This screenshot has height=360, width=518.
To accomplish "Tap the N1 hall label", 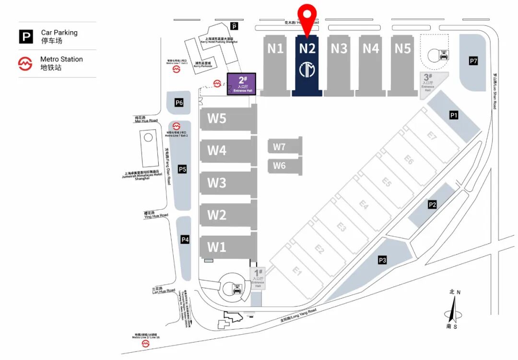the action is (x=275, y=48).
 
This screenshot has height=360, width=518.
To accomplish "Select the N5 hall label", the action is (x=403, y=48).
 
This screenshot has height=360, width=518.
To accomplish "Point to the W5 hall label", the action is (x=217, y=118).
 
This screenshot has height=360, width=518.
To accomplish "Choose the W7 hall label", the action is (x=280, y=147).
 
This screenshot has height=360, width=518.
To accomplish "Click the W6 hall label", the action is (x=280, y=166).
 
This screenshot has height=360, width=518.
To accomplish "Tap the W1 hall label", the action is (x=217, y=247).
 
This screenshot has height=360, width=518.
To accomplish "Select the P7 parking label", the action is (x=473, y=61).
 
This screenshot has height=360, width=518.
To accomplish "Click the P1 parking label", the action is (x=454, y=115).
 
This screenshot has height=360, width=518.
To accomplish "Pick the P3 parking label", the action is (x=382, y=260).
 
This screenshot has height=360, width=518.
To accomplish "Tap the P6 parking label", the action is (x=179, y=102).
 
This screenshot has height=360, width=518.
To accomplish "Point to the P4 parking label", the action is (x=185, y=240).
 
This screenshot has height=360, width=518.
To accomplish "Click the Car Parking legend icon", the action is (x=26, y=36).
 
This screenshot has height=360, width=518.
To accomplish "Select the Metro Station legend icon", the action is (x=25, y=63).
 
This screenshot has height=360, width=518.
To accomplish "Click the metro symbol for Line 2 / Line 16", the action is (x=145, y=344).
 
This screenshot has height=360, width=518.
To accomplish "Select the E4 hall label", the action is (x=364, y=205).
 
